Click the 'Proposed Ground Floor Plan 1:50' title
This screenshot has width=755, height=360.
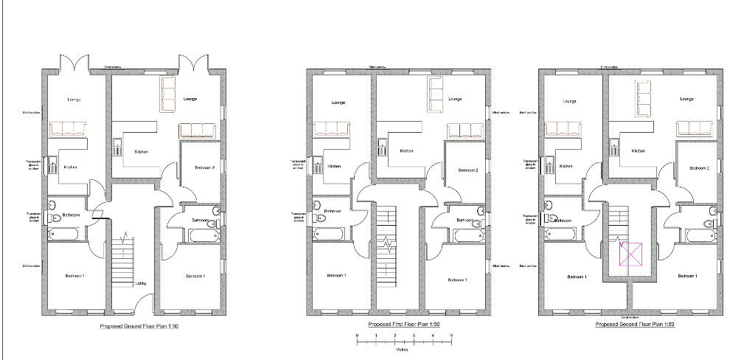point(139,325)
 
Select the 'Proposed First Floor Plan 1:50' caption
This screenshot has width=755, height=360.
point(404,325)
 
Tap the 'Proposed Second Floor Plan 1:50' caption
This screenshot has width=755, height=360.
point(635,325)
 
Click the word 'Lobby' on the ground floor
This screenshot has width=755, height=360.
point(141,284)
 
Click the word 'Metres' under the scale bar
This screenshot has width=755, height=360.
point(403,350)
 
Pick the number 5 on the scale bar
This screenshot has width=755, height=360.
point(452,336)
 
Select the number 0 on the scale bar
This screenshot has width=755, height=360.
point(357,336)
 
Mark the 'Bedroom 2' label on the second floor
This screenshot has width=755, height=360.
point(699,168)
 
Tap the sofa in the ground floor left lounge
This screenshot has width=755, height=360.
point(69,130)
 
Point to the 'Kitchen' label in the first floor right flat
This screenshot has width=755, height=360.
point(406,151)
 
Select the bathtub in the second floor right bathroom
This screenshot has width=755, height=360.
point(699,235)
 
